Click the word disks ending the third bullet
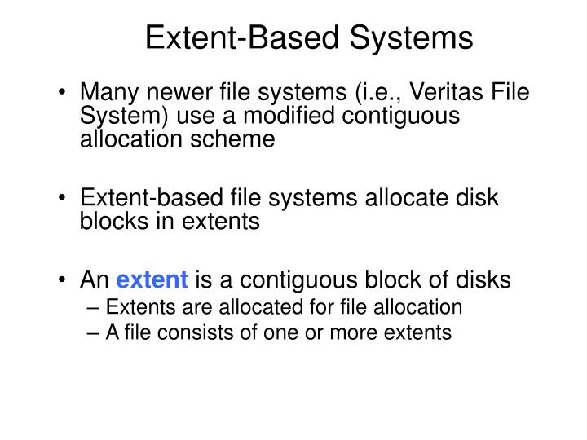(485, 281)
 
